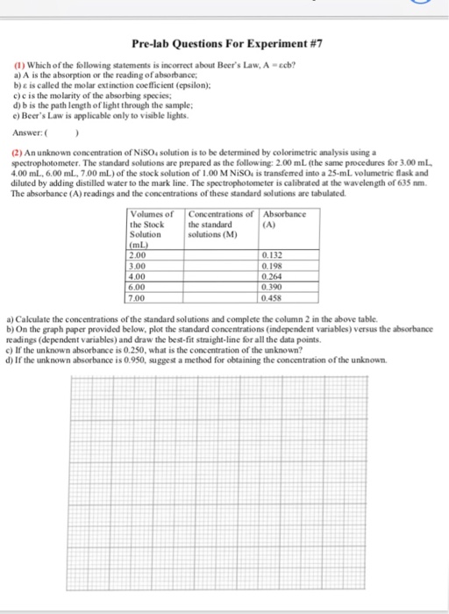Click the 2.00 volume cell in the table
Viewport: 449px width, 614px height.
[164, 255]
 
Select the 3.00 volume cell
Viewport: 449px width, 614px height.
[164, 265]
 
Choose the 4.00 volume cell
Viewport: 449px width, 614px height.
[164, 275]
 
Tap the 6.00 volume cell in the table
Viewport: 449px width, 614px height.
[164, 286]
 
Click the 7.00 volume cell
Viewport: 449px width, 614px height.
[164, 296]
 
